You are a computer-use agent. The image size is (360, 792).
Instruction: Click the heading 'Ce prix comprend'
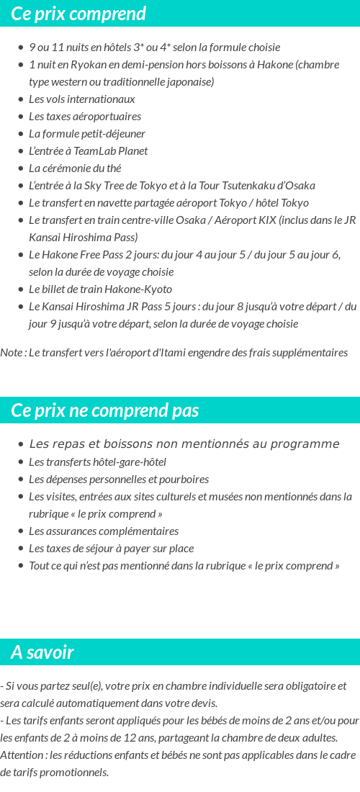tap(78, 14)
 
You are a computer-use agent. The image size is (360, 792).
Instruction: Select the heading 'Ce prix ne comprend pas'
tap(105, 410)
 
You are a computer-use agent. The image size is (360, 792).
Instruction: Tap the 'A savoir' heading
tap(42, 652)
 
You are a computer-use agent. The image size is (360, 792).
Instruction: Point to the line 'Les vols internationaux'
tap(82, 99)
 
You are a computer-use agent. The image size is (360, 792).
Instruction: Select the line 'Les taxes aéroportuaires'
tap(85, 117)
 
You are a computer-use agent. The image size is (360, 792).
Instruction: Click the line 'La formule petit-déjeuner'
tap(87, 134)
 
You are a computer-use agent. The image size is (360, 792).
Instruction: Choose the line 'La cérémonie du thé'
tap(75, 168)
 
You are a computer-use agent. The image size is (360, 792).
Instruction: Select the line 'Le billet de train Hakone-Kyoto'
tap(101, 289)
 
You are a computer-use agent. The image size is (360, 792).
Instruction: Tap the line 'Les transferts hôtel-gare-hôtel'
tap(97, 462)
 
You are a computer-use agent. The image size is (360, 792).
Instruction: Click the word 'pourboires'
tap(185, 480)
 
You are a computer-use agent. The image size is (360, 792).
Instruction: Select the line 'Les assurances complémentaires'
tap(104, 531)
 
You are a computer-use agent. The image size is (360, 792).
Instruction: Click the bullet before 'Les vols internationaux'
tap(22, 99)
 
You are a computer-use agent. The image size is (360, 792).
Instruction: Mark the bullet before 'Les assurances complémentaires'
tap(22, 531)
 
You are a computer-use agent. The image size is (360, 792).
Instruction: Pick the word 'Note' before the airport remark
tap(12, 353)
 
